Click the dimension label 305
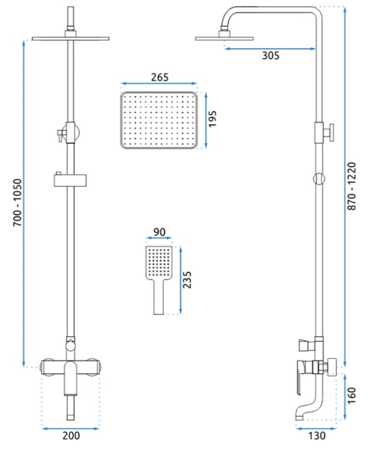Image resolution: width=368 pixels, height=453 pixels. click(271, 55)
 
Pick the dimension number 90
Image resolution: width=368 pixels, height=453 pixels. click(159, 232)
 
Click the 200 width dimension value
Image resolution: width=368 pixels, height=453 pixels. click(71, 436)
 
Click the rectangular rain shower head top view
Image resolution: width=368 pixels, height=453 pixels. click(159, 120)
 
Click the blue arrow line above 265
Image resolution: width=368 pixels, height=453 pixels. click(158, 83)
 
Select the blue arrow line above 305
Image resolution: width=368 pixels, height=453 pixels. click(270, 48)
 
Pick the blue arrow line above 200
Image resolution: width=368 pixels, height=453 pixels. click(71, 427)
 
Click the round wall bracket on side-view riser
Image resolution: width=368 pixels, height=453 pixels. click(318, 178)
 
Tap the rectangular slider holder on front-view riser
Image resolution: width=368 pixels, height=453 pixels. click(71, 181)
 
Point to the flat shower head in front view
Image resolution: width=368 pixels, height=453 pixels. click(71, 38)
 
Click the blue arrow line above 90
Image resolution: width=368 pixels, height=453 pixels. click(158, 238)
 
